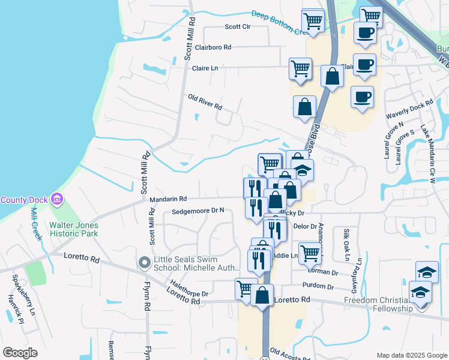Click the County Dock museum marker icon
pos(57,199)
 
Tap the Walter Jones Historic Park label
pos(74,230)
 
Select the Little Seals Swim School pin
pos(144,262)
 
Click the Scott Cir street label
pos(237,26)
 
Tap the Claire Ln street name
pos(205,68)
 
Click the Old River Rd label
pos(205,102)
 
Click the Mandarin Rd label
pos(168,199)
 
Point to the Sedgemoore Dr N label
pos(197,211)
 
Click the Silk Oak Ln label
pos(346,240)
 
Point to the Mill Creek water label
pos(37,224)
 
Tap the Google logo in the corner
pos(20,353)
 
